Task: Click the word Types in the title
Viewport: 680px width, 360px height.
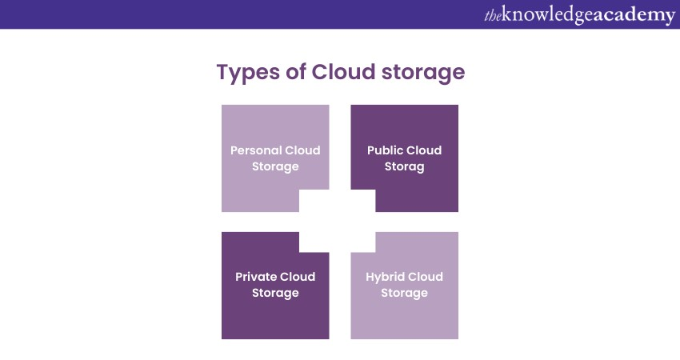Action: tap(246, 73)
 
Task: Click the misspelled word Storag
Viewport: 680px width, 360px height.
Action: tap(404, 167)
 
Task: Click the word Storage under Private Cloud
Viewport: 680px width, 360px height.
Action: tap(275, 294)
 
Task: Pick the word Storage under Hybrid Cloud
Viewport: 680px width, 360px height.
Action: tap(404, 294)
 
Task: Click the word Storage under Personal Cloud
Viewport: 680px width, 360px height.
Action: tap(275, 167)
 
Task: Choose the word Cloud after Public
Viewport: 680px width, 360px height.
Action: tap(424, 150)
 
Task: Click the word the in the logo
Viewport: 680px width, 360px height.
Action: tap(492, 15)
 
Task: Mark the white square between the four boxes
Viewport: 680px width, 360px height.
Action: tap(339, 222)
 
